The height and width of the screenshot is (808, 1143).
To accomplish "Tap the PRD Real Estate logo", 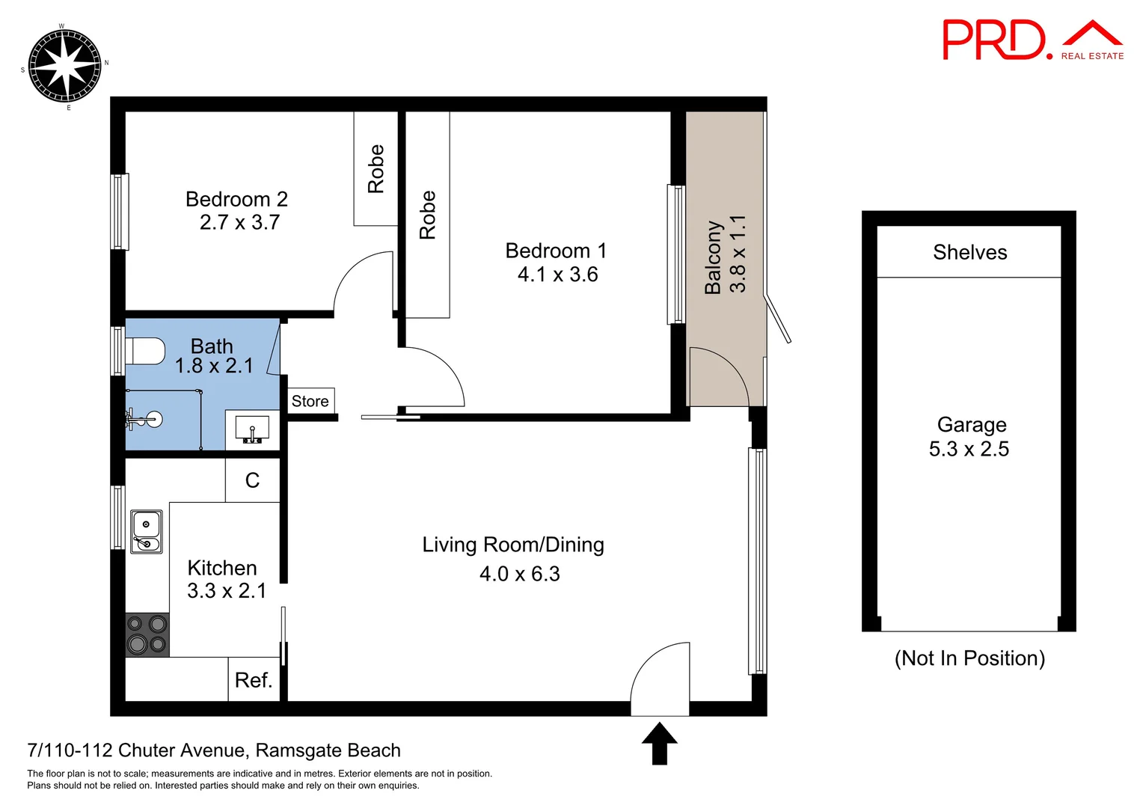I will click(1032, 41).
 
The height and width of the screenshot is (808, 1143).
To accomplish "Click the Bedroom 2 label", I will click(236, 199).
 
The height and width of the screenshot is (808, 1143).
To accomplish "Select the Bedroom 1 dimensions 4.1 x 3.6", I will click(557, 275).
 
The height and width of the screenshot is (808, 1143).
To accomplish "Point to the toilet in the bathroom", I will click(146, 350).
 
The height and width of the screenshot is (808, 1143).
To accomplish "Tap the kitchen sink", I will click(147, 531).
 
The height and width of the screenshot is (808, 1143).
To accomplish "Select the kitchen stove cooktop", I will click(147, 634).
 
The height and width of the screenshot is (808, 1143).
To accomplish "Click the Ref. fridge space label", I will click(253, 680).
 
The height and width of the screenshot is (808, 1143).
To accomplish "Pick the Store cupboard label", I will click(310, 402).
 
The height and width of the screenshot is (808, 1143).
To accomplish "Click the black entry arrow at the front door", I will click(659, 742).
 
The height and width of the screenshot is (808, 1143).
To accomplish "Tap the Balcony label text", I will click(713, 257).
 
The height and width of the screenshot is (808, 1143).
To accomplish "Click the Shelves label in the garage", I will click(969, 252).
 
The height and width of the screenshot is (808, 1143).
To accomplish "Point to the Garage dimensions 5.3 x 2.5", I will click(969, 449).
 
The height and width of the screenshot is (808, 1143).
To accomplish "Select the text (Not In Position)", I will click(969, 658).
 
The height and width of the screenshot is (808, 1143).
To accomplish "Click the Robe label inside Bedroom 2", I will click(376, 169).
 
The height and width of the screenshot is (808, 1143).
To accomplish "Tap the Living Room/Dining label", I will click(513, 545).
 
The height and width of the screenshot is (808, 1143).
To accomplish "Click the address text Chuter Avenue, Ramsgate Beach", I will click(214, 750).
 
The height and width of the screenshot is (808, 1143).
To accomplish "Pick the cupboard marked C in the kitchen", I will click(252, 480).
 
